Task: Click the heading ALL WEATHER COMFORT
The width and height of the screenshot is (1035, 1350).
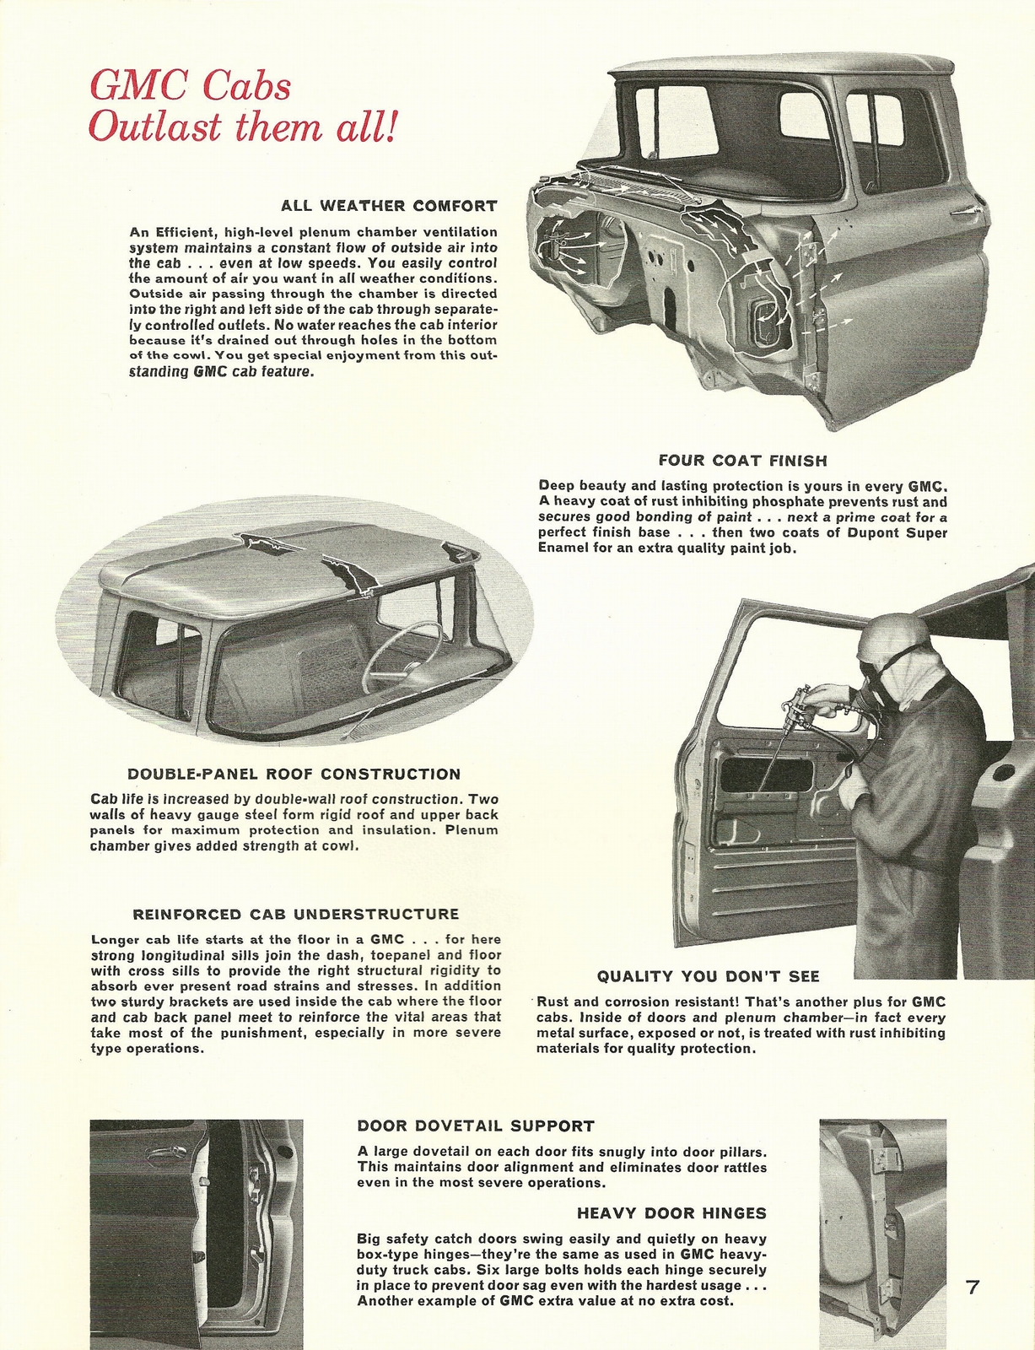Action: coord(389,206)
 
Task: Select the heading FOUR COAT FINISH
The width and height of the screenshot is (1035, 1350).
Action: coord(742,461)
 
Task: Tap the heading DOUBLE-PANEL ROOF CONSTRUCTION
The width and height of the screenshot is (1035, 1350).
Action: coord(294,774)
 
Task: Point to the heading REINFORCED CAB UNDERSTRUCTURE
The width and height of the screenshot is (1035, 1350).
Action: coord(296,914)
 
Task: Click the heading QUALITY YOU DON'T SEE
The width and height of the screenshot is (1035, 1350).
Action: coord(708,976)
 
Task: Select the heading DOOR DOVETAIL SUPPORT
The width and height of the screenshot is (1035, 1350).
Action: coord(476,1126)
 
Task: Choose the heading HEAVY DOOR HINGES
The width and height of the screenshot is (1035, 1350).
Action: coord(671,1213)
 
